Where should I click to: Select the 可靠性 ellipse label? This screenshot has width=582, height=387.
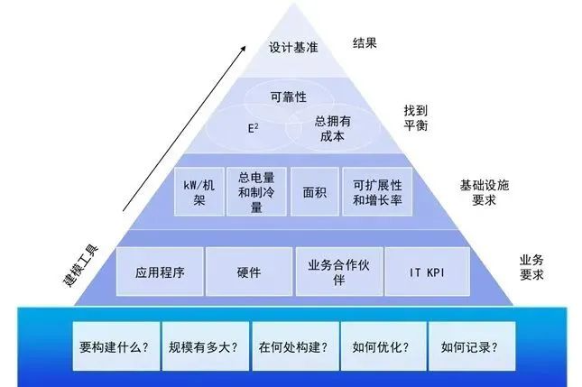click(290, 95)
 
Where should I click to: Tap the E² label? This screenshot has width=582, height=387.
click(254, 128)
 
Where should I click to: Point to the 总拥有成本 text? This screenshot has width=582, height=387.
click(330, 129)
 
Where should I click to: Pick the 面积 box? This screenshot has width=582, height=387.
click(314, 191)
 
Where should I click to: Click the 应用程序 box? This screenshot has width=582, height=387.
click(160, 271)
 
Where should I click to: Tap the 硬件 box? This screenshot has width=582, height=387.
click(248, 271)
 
